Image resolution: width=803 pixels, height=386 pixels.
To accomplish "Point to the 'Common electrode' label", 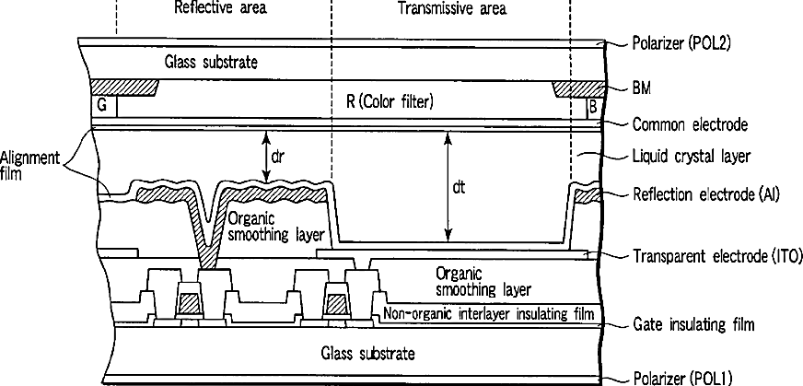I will click(690, 123).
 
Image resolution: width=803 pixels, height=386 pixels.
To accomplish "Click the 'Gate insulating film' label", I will click(694, 324).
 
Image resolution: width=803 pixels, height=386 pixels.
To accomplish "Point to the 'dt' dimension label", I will click(460, 187).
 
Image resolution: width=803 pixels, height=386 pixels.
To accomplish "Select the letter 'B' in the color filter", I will click(592, 106).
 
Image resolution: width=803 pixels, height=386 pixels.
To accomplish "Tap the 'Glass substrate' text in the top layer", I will click(212, 63).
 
